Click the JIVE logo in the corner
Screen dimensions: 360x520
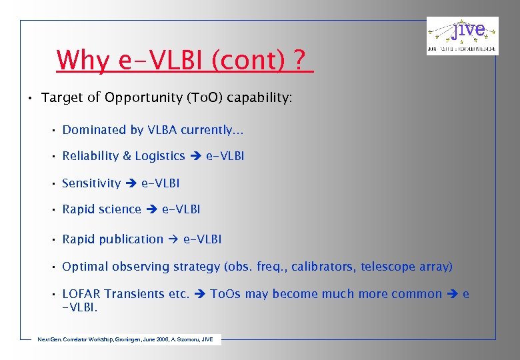pyautogui.click(x=462, y=36)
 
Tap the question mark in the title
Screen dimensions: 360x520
pyautogui.click(x=301, y=61)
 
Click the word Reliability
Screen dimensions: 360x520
pyautogui.click(x=90, y=156)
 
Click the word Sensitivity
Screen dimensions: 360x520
pyautogui.click(x=91, y=183)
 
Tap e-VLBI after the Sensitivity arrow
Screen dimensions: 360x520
pyautogui.click(x=160, y=183)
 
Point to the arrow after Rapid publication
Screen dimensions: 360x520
pyautogui.click(x=173, y=239)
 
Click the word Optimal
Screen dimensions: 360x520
pyautogui.click(x=85, y=267)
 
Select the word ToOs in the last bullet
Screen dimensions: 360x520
pyautogui.click(x=226, y=294)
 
